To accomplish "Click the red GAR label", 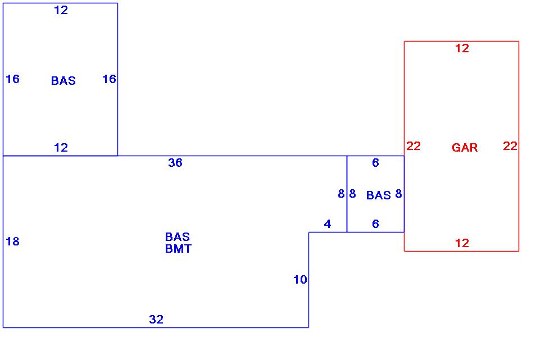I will coord(465,148).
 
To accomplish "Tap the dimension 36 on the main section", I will coord(175,163).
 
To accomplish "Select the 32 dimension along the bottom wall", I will coord(156,320).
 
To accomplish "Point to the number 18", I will coord(12,241).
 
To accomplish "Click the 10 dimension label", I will coord(301,280).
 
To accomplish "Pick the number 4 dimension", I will coord(328,224).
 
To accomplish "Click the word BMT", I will coord(178,249).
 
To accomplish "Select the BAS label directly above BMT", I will coord(178,237).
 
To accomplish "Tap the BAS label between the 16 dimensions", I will coord(63,81).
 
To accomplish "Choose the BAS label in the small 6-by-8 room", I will coord(378,195).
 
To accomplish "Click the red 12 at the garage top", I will coord(462,48).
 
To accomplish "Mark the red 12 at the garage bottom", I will coord(462,243).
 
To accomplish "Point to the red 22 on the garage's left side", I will coord(414,146).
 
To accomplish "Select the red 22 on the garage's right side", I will coord(510,146).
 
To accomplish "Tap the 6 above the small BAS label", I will coord(376,163).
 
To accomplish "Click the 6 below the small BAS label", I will coord(376,224).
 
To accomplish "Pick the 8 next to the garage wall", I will coord(398,194).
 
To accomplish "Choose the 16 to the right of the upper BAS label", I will coord(109,79).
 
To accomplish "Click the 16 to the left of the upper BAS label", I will coord(12,79).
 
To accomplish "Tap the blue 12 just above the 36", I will coord(61,148).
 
